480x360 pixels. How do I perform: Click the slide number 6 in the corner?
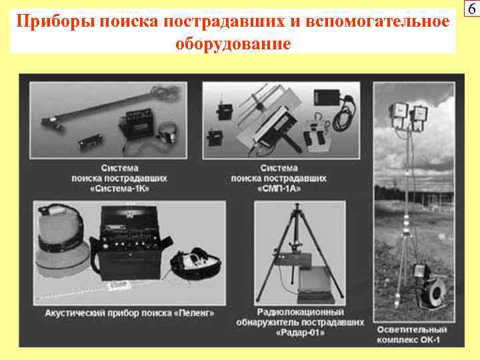pyautogui.click(x=471, y=9)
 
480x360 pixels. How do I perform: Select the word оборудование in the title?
pyautogui.click(x=233, y=44)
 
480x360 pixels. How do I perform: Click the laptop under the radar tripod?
pyautogui.click(x=317, y=284)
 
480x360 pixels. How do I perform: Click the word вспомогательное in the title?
pyautogui.click(x=379, y=22)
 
